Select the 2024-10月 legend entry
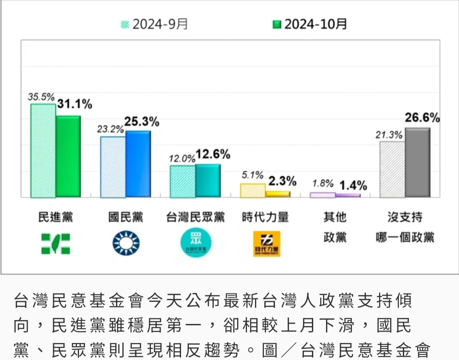point(310,24)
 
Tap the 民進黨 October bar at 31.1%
point(68,156)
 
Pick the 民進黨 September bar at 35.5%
point(43,150)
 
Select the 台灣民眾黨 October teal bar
point(208,181)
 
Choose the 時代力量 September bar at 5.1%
point(253,190)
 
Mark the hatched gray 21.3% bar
point(392,169)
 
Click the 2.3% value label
point(282,181)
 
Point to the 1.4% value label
point(353,185)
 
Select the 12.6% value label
point(213,155)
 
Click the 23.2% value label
point(110,129)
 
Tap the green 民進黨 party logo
point(56,244)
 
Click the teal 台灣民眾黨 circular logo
point(196,243)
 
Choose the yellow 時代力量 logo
point(266,244)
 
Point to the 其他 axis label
point(335,218)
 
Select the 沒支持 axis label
point(405,218)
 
